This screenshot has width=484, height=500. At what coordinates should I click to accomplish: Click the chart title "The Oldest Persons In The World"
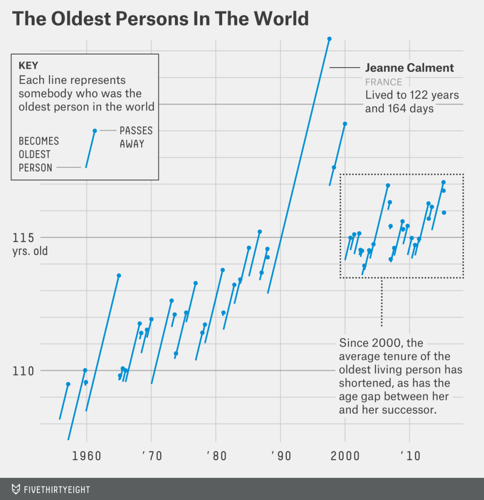click(160, 18)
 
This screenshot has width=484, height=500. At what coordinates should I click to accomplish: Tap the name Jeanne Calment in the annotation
click(409, 68)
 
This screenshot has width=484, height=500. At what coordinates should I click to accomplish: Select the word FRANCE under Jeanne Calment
click(383, 82)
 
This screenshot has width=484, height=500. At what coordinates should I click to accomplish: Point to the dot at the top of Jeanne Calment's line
click(329, 39)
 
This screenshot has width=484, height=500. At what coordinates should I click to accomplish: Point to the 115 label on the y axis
click(23, 238)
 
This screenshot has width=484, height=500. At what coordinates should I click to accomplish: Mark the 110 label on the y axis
click(23, 371)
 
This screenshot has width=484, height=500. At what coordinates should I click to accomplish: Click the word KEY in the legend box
click(28, 66)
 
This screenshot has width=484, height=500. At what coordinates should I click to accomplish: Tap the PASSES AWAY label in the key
click(136, 137)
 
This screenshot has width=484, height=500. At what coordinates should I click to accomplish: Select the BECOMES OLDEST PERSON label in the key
click(39, 154)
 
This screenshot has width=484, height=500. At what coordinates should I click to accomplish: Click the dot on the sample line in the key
click(95, 131)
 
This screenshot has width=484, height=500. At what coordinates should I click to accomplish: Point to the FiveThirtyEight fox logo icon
click(16, 489)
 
